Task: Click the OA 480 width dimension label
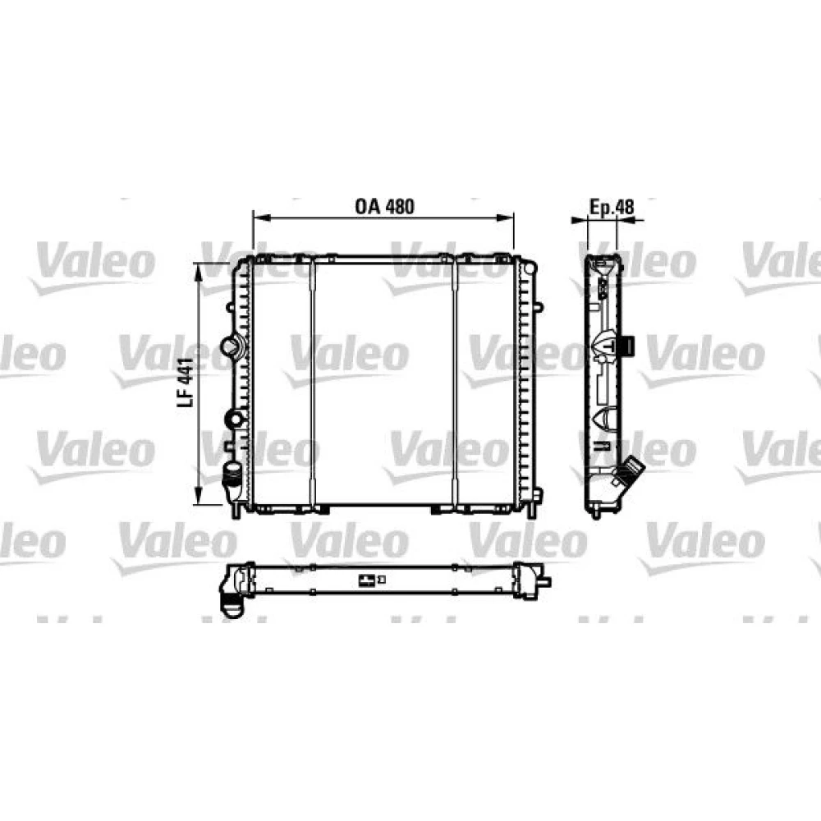(x=385, y=206)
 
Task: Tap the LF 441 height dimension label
(x=186, y=382)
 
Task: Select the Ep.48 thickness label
(x=612, y=207)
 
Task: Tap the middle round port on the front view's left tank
(x=233, y=419)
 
